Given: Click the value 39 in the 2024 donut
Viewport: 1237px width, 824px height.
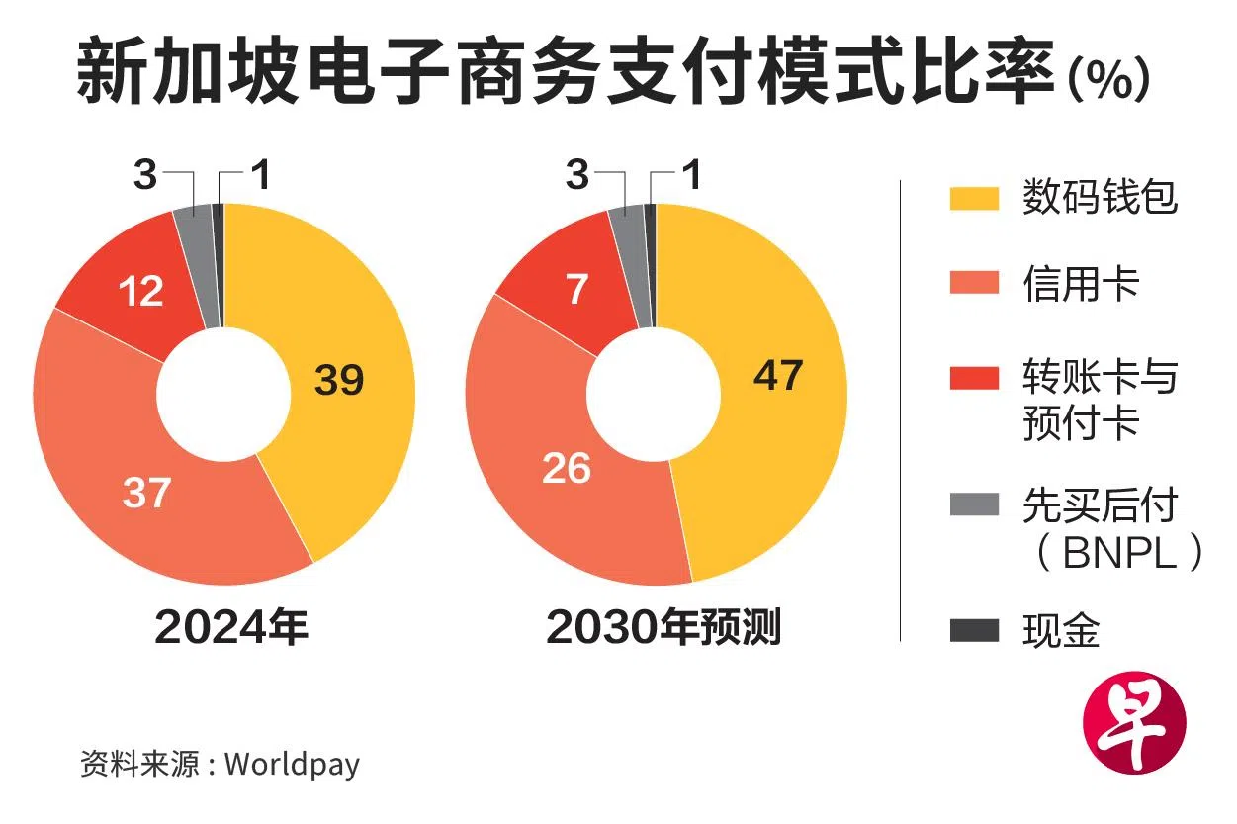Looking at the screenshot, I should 339,380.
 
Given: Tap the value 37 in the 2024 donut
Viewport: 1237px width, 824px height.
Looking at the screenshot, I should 147,493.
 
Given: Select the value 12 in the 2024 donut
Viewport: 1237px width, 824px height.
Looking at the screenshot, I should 140,292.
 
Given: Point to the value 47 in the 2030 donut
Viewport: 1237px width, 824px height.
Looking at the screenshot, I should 777,375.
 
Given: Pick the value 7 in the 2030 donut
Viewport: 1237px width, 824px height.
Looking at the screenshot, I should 577,289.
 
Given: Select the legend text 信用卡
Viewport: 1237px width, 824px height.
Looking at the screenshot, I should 1081,285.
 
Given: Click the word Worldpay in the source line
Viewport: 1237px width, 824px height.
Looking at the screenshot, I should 292,764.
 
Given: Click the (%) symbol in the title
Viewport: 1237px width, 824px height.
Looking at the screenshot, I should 1108,79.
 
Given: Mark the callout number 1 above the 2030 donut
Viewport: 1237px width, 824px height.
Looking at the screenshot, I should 692,177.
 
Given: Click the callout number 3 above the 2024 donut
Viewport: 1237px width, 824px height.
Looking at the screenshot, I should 145,177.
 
